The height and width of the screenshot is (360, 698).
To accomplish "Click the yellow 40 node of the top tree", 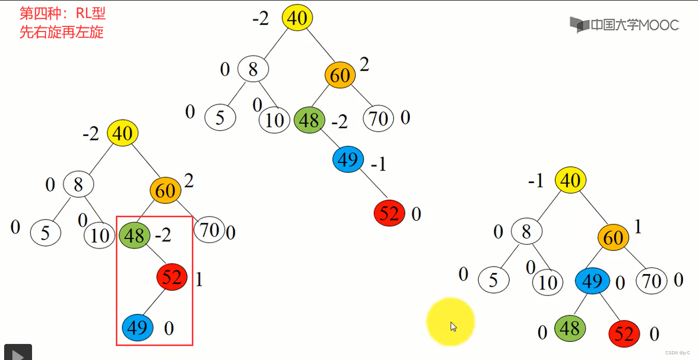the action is coord(297,18).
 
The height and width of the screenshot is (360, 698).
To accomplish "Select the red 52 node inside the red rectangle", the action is coord(172,278).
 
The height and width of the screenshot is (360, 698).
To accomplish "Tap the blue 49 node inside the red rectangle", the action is coord(138,327).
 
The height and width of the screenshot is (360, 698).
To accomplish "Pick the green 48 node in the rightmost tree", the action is coord(570,328).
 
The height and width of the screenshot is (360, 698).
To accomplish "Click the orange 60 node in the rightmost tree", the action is coord(613,238).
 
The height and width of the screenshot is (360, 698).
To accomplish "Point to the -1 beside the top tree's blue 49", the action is coord(378,164).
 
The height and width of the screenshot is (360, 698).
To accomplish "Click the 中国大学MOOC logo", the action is coord(624,24).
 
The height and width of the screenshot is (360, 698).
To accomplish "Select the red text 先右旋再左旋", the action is coord(62,32).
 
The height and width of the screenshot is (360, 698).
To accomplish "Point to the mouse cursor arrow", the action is coord(453,326).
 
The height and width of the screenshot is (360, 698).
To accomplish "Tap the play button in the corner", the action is coord(17,354).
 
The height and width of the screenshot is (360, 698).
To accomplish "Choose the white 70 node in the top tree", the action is coord(378,119).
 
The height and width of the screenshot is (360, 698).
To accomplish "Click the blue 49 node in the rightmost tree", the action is coord(591,281).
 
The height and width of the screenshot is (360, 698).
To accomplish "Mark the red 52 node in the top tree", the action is coord(389,213).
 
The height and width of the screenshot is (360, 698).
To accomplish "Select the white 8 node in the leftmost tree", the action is coord(79,184).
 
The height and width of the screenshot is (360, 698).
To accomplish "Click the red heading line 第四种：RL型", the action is coord(62,13).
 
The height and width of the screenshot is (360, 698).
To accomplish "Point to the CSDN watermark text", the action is coord(677,352).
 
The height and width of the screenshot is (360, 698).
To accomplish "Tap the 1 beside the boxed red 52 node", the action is coord(199,280).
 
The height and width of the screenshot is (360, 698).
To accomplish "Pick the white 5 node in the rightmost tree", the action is coord(493,280).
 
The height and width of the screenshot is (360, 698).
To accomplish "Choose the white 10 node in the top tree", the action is coord(275,120).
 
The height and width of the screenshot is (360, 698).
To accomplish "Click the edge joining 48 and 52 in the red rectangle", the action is coord(154,256).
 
